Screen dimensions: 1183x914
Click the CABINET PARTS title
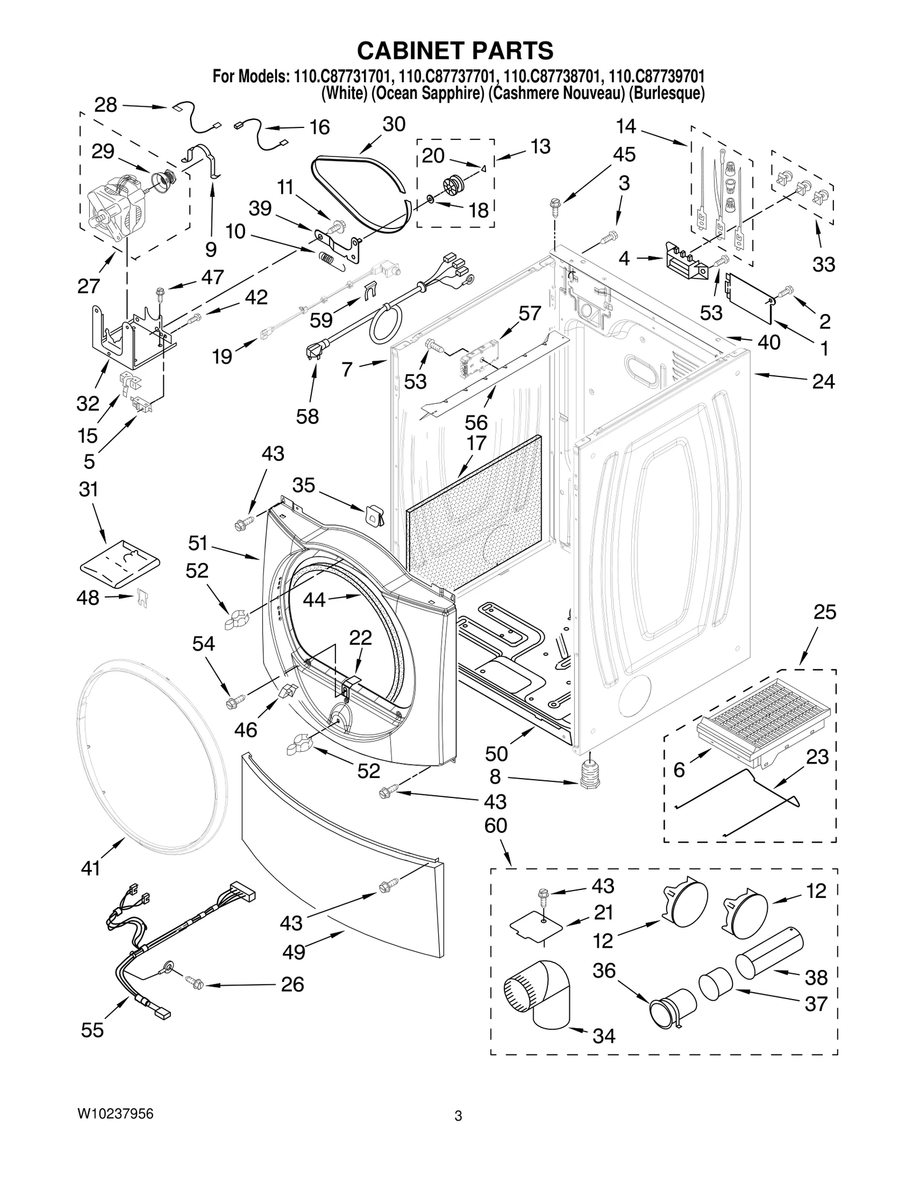coord(455,51)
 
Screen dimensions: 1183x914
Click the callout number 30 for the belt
coord(394,125)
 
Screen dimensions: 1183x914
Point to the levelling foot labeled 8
coord(588,773)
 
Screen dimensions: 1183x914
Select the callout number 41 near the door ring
coord(90,869)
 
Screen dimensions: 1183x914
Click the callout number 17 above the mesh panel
coord(476,443)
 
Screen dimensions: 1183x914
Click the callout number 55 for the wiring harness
coord(93,1030)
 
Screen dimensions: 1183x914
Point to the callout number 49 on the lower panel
coord(293,952)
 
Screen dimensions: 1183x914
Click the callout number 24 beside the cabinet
coord(823,382)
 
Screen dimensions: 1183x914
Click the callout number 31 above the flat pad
coord(89,490)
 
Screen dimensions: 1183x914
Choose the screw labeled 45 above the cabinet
coord(554,204)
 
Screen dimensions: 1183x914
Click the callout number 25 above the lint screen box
coord(825,612)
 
